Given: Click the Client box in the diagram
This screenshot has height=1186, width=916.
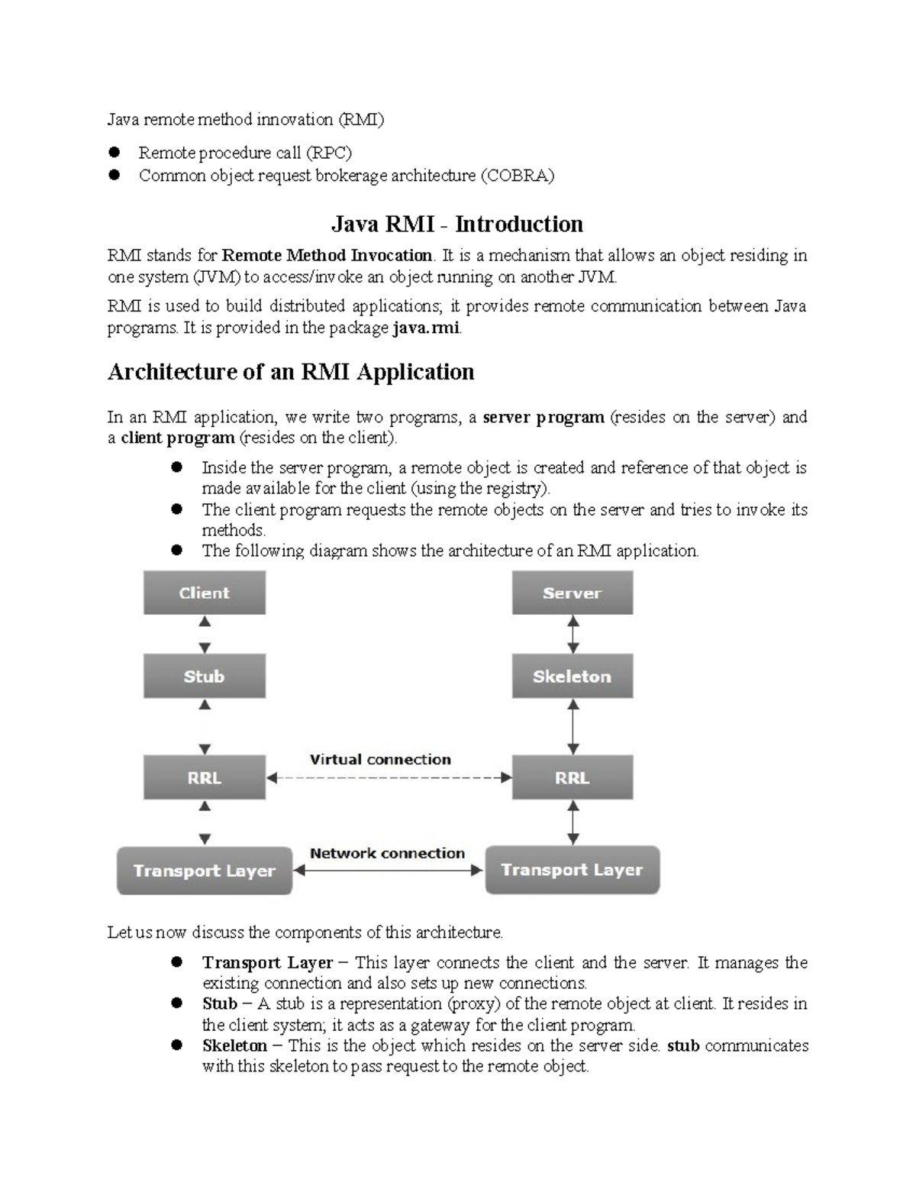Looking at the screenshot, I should [204, 593].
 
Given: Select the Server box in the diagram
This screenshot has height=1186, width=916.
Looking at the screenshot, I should [572, 593].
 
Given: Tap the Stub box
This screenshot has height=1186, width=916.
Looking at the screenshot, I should [204, 676].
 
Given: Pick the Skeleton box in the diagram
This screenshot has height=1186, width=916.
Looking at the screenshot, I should [572, 676].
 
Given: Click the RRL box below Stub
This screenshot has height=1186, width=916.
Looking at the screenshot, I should [204, 777].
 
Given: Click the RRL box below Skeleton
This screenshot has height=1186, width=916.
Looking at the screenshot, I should [572, 777].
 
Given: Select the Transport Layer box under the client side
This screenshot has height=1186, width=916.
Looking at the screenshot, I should [204, 871].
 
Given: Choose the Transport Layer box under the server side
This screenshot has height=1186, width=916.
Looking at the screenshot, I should [572, 870].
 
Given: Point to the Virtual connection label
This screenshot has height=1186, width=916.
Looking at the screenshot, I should [380, 760].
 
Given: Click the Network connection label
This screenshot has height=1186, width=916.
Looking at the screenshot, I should [387, 853].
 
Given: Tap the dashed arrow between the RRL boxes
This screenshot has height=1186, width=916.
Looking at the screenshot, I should [389, 778].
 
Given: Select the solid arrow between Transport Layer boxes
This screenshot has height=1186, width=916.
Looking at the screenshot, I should [389, 870].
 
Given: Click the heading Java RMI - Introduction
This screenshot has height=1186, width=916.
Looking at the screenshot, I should [456, 224].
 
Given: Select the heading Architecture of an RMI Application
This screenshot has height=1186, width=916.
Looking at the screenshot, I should [291, 372].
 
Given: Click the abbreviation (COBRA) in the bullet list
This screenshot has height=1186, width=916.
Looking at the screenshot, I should [517, 176].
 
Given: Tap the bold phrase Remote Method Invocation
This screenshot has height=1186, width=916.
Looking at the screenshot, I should [327, 255].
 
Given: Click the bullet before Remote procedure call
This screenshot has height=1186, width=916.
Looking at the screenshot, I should [115, 152].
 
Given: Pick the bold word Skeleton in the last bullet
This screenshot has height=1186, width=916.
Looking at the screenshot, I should [234, 1045].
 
